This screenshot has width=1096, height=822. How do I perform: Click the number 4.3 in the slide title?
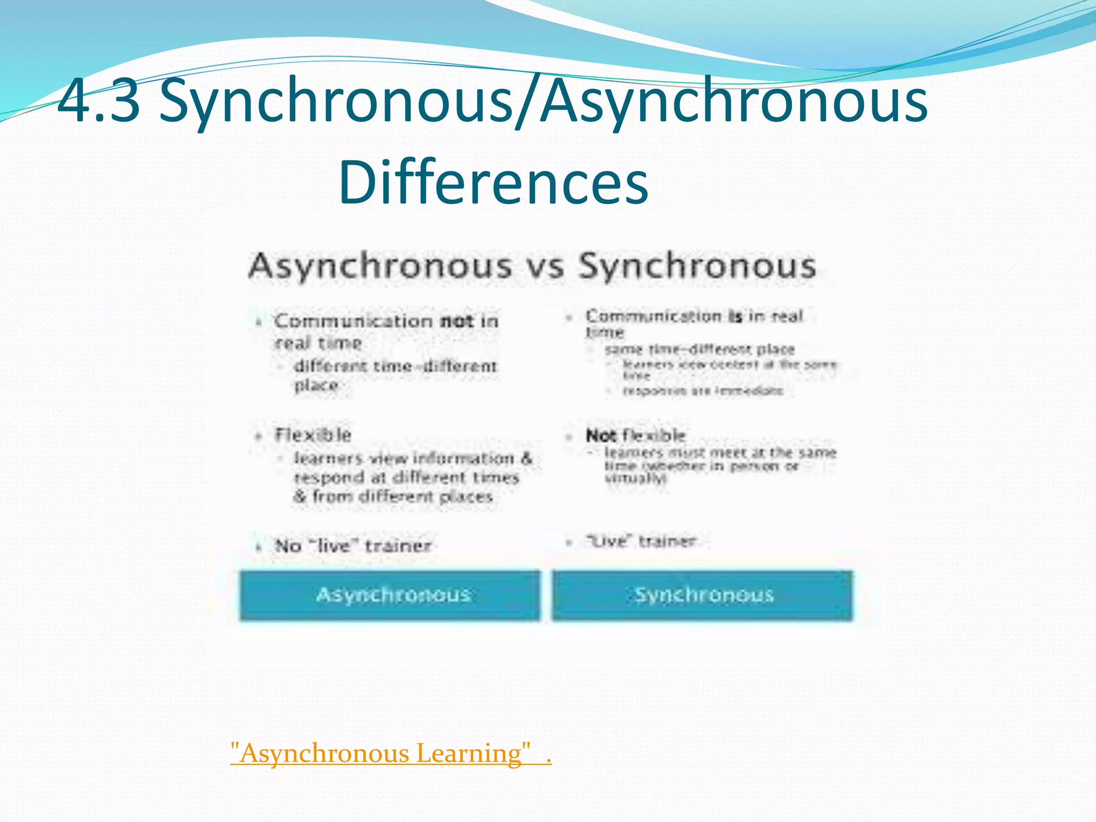coord(99,100)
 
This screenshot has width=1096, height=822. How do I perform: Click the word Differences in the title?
coord(493,182)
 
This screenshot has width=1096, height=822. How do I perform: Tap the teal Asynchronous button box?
coord(391,595)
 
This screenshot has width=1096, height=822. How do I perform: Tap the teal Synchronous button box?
coord(703,595)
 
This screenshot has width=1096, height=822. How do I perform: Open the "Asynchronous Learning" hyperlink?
coord(391,753)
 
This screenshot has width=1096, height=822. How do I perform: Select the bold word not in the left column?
coord(456,321)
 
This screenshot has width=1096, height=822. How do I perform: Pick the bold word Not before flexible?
coord(601,436)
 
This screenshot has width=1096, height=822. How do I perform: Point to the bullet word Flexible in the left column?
coord(313,435)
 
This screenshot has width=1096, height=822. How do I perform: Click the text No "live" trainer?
coord(353,546)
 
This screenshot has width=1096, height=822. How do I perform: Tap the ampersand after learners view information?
coord(527,459)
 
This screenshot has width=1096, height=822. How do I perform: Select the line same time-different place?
coord(699,349)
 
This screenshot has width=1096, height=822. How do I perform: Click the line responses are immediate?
coord(703,391)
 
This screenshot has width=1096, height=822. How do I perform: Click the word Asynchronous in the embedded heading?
coord(380,267)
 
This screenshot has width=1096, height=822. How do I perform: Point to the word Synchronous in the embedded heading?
coord(697,267)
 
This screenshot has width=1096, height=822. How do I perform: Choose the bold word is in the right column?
coord(735,316)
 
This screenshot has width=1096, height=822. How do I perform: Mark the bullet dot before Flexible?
coord(258,436)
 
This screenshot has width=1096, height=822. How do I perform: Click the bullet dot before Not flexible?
coord(569,437)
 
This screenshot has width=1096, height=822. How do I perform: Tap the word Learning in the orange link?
coord(468,753)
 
